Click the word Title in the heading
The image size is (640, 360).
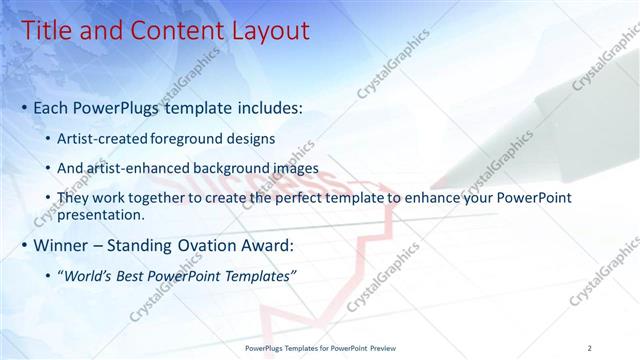coord(46,30)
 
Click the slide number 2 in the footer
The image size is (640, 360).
coord(589,347)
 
